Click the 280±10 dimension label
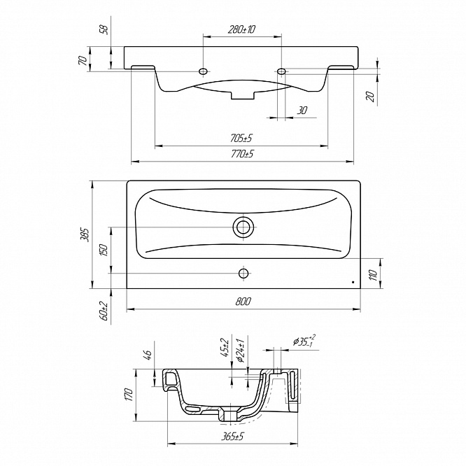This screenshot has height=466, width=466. tap(242, 29)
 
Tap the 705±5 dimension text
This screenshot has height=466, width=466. tap(241, 139)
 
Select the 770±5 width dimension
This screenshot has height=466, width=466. tap(243, 154)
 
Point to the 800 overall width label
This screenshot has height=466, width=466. tap(243, 302)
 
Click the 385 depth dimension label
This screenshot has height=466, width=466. tap(85, 234)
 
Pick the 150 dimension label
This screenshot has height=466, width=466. tap(104, 250)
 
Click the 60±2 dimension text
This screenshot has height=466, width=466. tap(104, 310)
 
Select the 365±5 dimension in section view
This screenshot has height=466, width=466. tap(232, 437)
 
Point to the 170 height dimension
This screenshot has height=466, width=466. tap(128, 395)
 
